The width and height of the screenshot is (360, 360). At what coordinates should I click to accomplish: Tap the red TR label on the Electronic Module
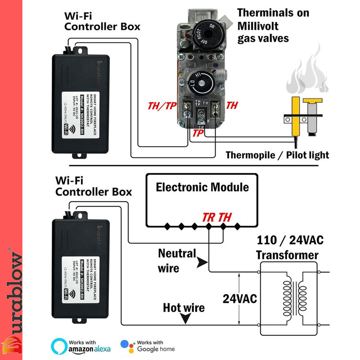click(x=208, y=217)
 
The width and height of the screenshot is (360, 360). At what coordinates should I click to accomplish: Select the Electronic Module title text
click(x=202, y=187)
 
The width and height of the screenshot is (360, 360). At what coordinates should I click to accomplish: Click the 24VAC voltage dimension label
click(x=240, y=298)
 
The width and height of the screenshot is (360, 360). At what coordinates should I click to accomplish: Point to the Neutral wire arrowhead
click(x=203, y=261)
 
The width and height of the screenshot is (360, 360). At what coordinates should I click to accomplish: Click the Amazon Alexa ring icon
click(x=58, y=346)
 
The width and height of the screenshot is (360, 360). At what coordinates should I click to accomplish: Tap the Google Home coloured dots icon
click(x=127, y=346)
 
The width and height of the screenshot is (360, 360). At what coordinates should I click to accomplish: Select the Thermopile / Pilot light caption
click(x=277, y=155)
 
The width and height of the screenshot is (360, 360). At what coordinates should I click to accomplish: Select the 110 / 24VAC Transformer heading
click(x=287, y=247)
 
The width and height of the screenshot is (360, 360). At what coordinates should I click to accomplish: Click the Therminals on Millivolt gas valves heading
click(x=273, y=25)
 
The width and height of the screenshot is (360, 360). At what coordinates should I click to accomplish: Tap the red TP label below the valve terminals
click(x=198, y=133)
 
